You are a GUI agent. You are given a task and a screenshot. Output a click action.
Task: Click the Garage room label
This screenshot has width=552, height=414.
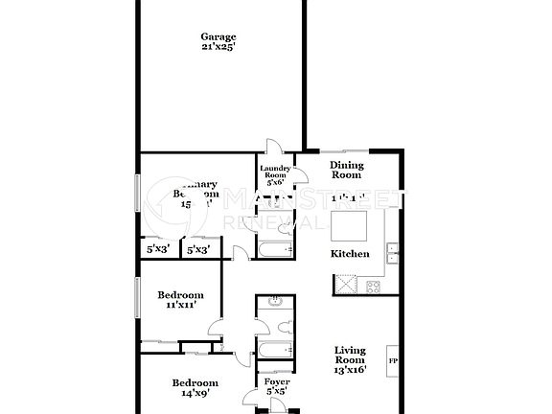coord(218,37)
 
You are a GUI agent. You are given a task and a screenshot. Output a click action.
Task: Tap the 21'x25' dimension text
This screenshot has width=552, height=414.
coord(218,48)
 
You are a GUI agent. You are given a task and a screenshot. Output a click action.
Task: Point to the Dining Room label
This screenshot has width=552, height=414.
coord(346,170)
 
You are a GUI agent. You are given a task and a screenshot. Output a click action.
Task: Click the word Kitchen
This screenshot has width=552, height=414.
coord(350,254)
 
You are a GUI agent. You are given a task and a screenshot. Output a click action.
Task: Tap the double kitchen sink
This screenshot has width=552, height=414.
coord(393,253)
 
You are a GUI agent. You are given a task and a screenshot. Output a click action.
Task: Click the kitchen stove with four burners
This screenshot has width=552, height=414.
coord(372,285)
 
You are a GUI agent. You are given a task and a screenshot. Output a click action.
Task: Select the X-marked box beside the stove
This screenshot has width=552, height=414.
coord(343,285)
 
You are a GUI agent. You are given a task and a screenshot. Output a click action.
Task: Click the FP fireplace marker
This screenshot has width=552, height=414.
coord(393,360)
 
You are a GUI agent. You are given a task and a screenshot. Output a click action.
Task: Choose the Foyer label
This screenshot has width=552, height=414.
coord(276,381)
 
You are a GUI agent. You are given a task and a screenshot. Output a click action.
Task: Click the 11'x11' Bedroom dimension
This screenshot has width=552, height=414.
coord(181,305)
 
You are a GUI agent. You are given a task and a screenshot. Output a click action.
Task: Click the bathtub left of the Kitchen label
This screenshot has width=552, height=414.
coord(274,252)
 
